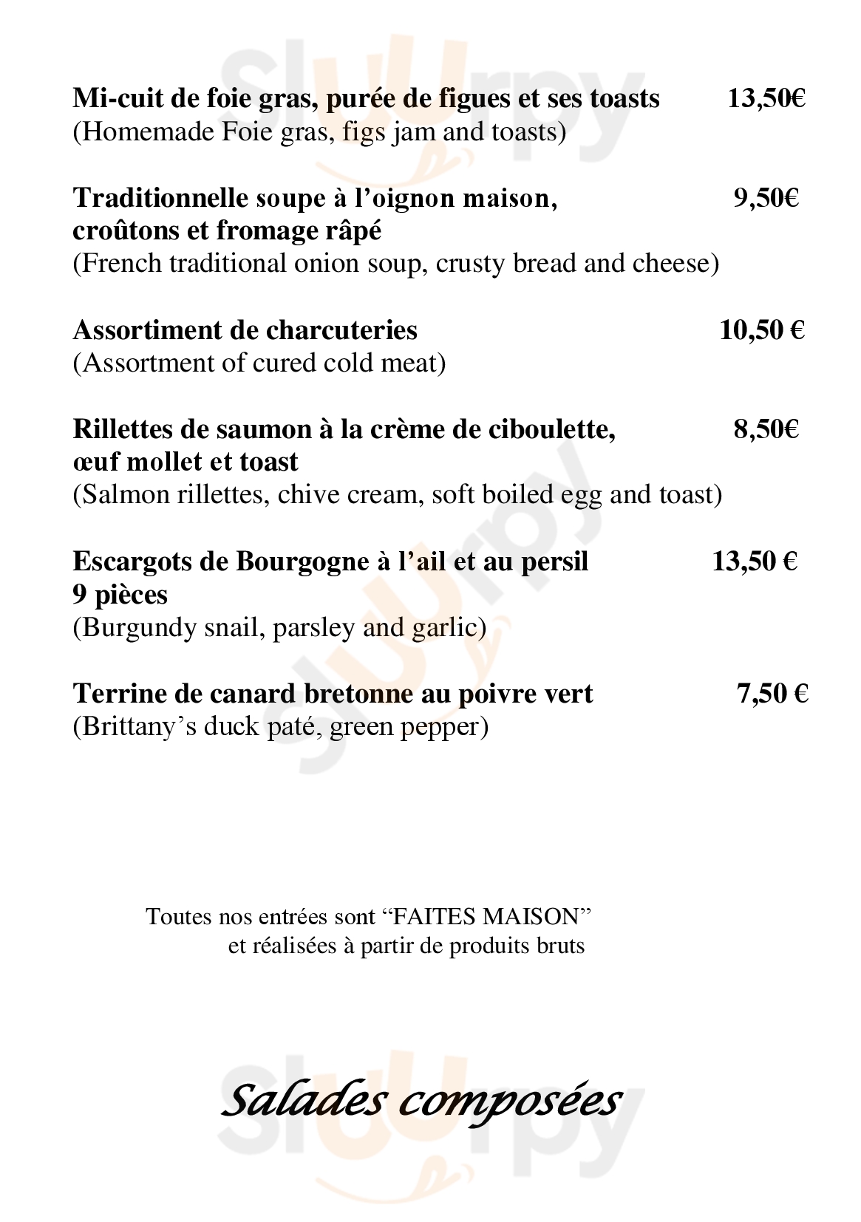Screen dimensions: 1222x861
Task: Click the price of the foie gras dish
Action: tap(766, 99)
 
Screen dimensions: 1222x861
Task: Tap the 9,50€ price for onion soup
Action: tap(766, 198)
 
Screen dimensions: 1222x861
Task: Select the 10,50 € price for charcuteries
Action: tap(761, 330)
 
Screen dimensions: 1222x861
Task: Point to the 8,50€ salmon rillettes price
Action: tap(766, 429)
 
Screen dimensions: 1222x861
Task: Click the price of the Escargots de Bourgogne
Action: tap(755, 561)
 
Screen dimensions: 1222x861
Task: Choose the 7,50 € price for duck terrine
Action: tap(772, 694)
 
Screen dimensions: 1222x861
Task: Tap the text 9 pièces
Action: tap(120, 595)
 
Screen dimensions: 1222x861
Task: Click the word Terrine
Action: tap(119, 694)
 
